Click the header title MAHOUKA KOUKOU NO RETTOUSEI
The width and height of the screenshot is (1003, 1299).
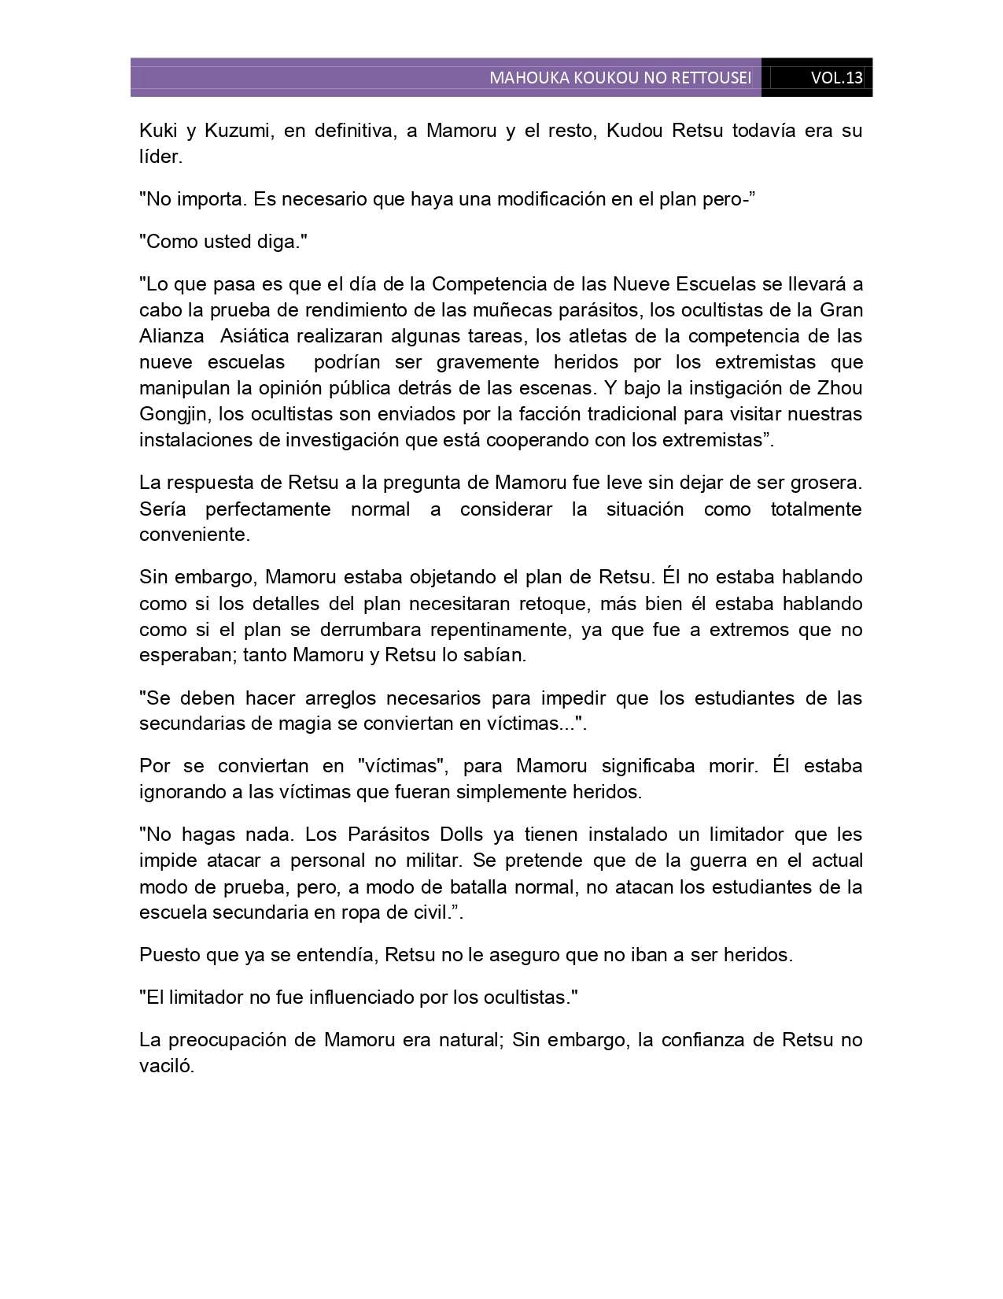(620, 78)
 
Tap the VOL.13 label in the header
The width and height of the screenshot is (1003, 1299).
(836, 78)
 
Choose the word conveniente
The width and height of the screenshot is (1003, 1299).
(194, 535)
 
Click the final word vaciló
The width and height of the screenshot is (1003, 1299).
(166, 1066)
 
